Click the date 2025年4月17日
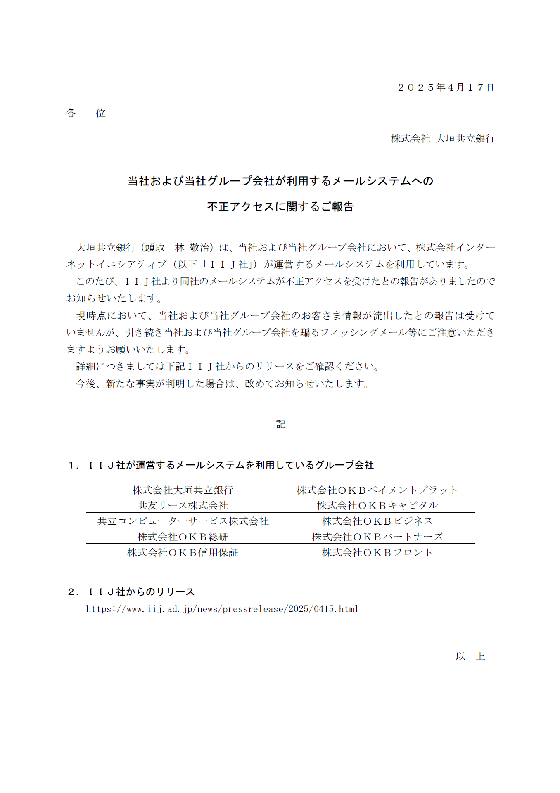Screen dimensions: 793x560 pos(446,88)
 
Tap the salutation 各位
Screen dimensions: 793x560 pos(86,113)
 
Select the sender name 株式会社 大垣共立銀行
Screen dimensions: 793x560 pos(443,139)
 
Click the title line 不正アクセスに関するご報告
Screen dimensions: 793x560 pos(280,206)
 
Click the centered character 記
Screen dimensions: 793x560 pos(280,424)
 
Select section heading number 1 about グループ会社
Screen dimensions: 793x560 pos(221,465)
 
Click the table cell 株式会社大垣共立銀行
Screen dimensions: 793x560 pos(183,490)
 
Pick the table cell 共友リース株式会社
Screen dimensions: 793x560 pos(183,505)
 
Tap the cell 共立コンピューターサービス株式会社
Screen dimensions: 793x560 pos(183,521)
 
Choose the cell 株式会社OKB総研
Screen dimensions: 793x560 pos(183,537)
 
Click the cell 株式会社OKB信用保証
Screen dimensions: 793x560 pos(183,552)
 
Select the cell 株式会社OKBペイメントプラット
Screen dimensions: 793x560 pos(377,490)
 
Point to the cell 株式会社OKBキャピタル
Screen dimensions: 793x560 pos(377,505)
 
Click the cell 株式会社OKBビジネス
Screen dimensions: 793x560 pos(377,521)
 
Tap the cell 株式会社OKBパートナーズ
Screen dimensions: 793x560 pos(377,537)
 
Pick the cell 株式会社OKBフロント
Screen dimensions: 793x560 pos(377,552)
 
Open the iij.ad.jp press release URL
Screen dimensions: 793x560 pos(222,609)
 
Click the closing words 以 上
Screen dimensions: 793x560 pos(470,656)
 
